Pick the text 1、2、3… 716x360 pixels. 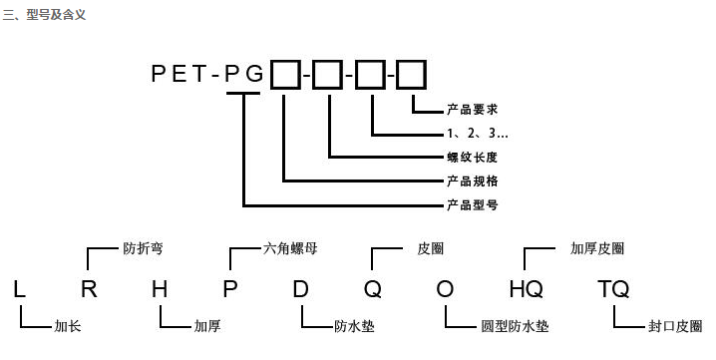(478, 133)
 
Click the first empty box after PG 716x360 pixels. (284, 73)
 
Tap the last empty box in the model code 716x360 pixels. (411, 73)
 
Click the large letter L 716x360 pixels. (20, 290)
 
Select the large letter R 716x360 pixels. (90, 290)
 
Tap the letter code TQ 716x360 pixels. (613, 290)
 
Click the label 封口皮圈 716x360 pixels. (675, 326)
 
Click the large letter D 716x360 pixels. (301, 290)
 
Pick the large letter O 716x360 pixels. (445, 290)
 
